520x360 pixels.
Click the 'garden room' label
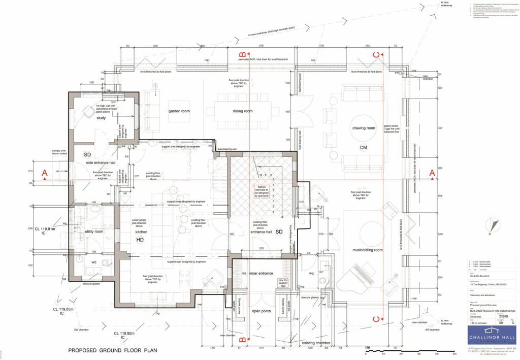(x=179, y=111)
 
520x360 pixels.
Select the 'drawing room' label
(x=363, y=128)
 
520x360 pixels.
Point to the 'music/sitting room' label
(x=364, y=250)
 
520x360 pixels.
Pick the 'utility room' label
(x=94, y=231)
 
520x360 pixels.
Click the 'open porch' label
(x=263, y=311)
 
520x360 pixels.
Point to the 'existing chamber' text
(x=316, y=344)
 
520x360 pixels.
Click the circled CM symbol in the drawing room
(x=363, y=148)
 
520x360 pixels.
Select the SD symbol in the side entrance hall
(x=87, y=154)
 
